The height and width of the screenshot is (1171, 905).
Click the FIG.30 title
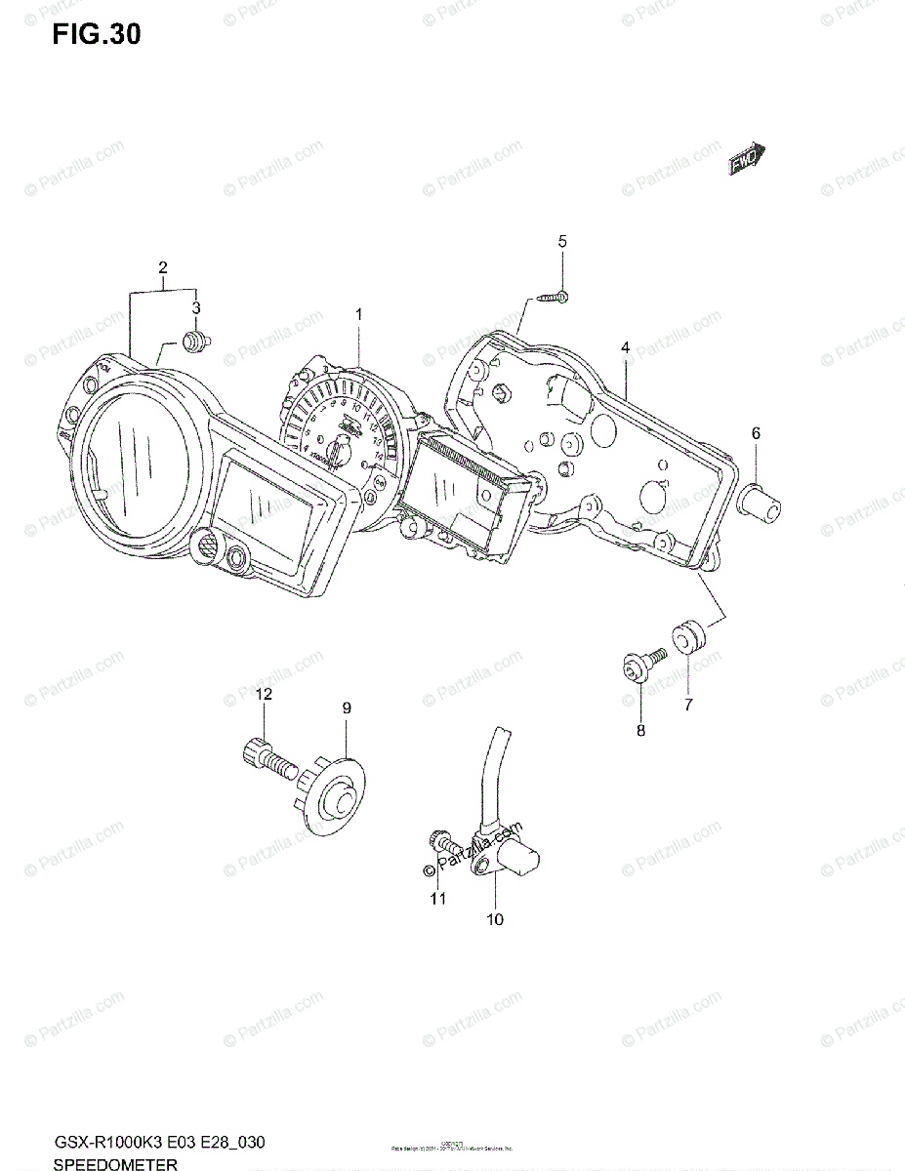[x=97, y=35]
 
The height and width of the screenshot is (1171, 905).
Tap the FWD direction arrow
[x=749, y=159]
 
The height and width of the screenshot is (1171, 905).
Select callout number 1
[x=358, y=314]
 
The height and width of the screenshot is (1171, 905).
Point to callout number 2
[x=163, y=267]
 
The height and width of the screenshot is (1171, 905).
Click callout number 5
[x=561, y=241]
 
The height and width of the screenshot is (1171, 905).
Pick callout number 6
[x=756, y=432]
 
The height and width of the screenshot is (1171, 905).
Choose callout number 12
[x=264, y=694]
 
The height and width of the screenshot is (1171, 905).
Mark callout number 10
[x=495, y=918]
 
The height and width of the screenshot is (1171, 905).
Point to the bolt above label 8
[x=640, y=666]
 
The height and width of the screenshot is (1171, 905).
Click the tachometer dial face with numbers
[x=337, y=429]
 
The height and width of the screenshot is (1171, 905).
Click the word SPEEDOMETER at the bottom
[x=115, y=1163]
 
